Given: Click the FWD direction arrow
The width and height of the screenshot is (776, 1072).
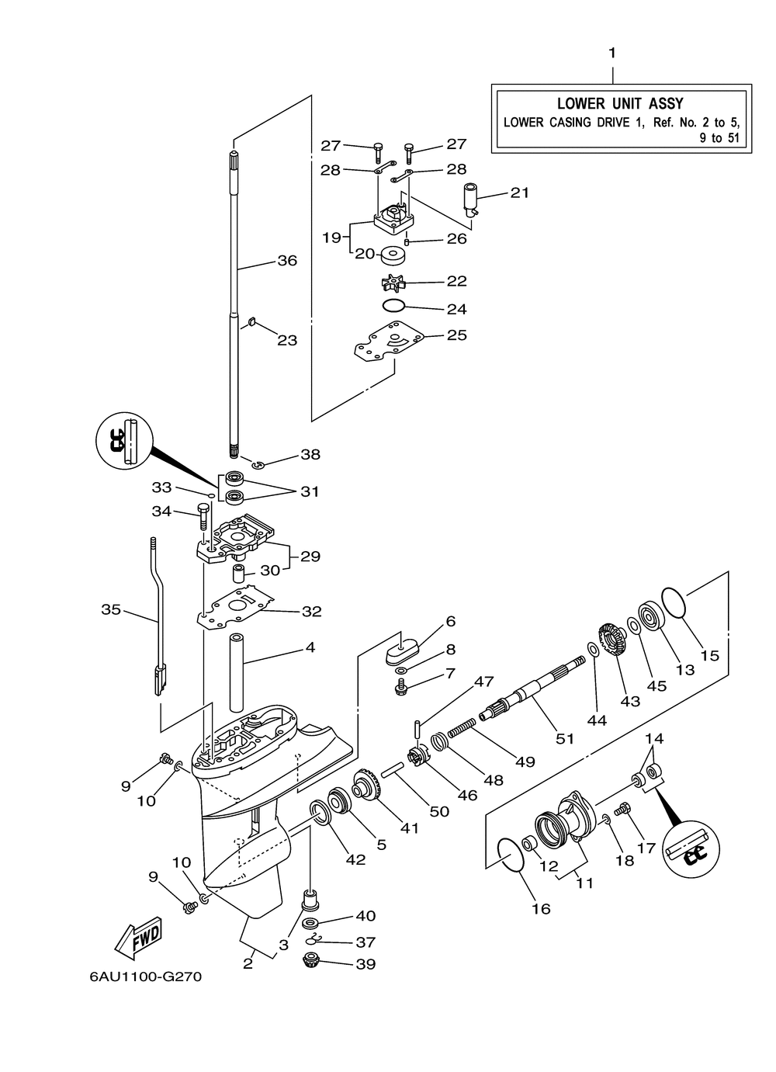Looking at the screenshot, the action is click(139, 938).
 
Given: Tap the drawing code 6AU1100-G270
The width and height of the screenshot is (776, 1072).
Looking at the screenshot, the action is click(145, 977).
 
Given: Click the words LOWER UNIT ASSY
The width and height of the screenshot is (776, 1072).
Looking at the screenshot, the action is click(620, 103).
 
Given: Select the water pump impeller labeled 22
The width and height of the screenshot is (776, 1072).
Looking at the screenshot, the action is click(393, 283).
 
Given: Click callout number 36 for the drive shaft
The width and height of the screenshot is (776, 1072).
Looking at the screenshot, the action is click(287, 260).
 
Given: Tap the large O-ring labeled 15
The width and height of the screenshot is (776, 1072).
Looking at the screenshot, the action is click(674, 602).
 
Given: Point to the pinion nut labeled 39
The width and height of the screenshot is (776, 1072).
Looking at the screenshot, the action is click(314, 959).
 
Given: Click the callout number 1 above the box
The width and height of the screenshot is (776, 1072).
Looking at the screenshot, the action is click(612, 53).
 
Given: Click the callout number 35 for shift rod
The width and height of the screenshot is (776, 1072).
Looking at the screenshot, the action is click(111, 609).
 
